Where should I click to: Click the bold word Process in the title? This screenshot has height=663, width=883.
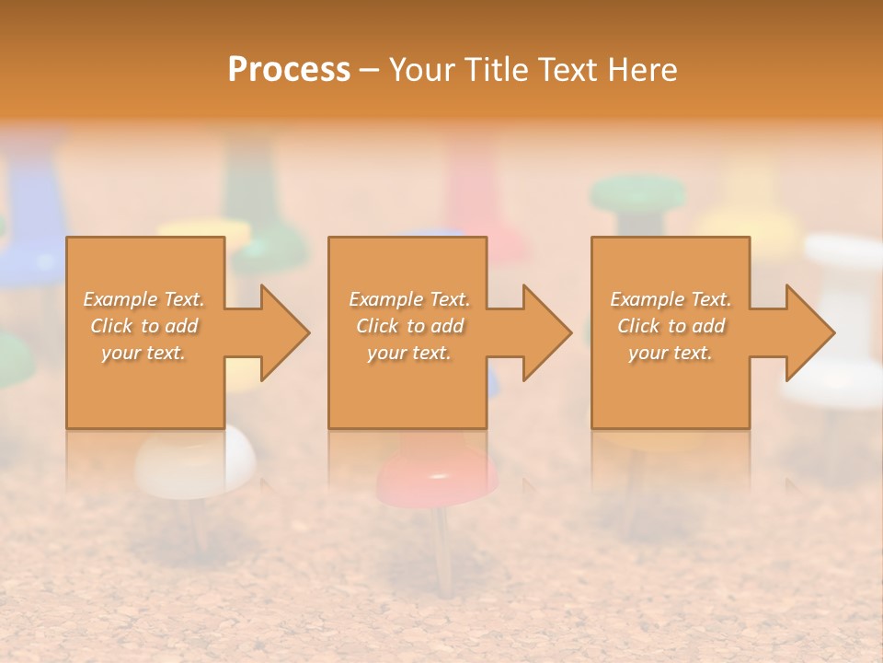pos(289,69)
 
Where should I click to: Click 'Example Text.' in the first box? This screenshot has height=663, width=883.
pos(144,299)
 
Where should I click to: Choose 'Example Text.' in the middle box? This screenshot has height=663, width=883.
pos(409,299)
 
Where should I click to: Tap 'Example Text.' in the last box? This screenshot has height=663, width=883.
pos(671,299)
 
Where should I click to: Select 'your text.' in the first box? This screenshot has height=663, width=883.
pos(143,353)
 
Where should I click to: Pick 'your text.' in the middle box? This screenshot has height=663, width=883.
pos(408,353)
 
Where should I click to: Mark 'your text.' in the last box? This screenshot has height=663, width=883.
pos(670,353)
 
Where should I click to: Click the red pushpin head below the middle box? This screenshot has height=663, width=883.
pos(438,474)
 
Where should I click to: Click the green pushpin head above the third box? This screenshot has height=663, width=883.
pos(637,194)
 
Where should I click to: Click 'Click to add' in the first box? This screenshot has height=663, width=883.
pos(144,326)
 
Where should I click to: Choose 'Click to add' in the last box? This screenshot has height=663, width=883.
pos(671,326)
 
